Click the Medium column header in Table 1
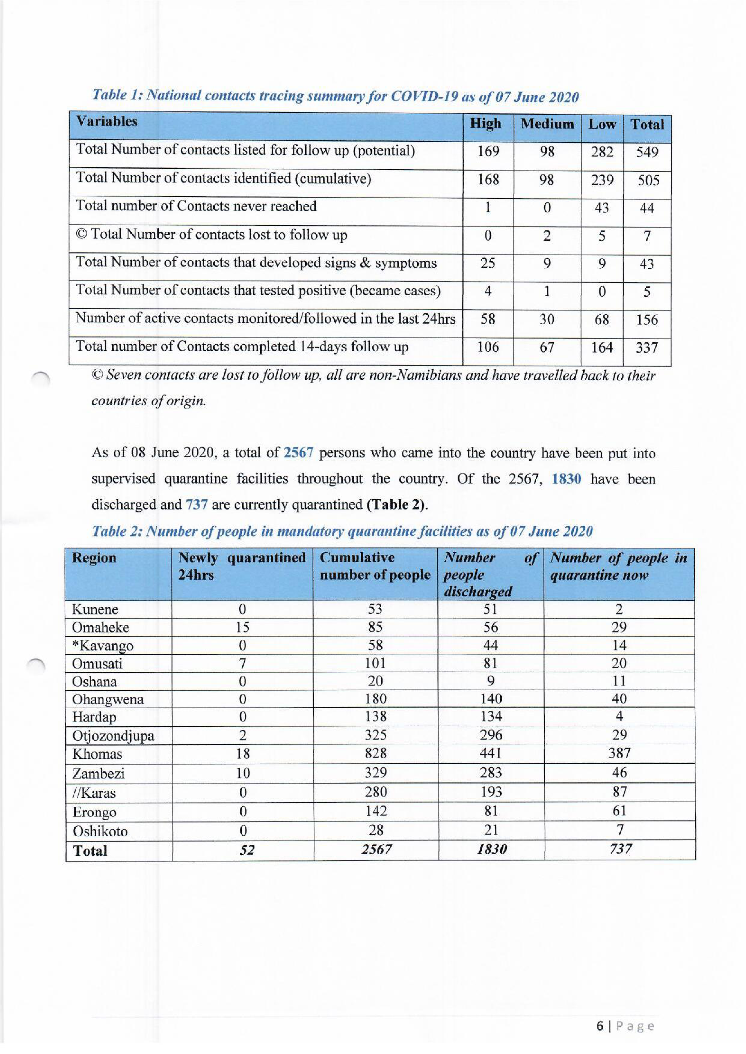tap(547, 124)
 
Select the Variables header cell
tap(106, 121)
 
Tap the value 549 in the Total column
tap(647, 152)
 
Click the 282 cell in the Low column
tap(602, 151)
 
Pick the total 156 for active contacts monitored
tap(647, 319)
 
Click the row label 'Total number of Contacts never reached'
tap(196, 206)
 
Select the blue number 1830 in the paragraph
tap(566, 479)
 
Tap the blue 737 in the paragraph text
tap(197, 504)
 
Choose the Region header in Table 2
tap(94, 558)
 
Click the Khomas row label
tap(97, 754)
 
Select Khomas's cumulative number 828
tap(375, 753)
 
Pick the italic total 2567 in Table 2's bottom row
tap(376, 850)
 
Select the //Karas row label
tap(94, 793)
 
